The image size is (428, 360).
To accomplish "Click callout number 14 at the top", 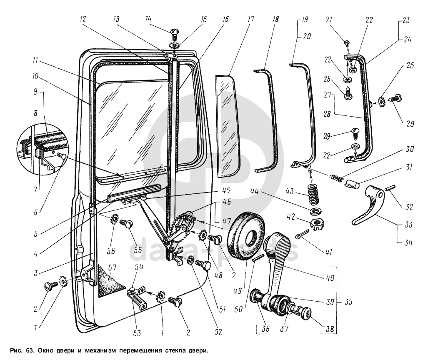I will [x=148, y=19].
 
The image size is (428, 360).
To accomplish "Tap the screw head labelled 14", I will [x=174, y=32].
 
